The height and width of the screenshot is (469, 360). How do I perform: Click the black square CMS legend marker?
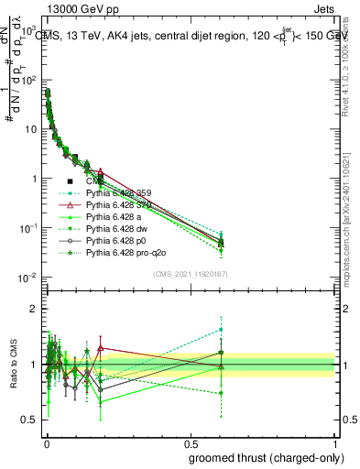[70, 181]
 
